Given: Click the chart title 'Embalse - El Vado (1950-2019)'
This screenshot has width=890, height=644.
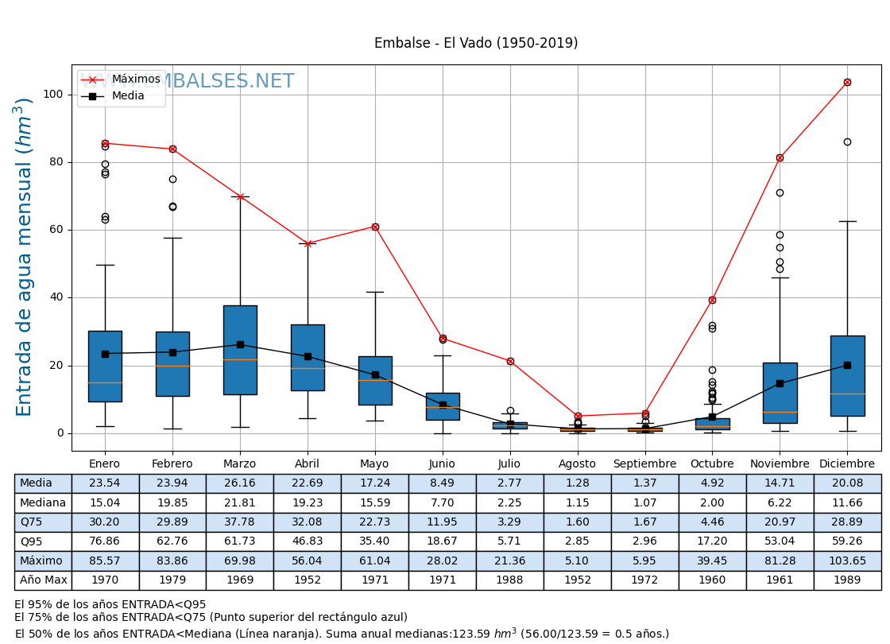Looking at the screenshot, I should click(x=476, y=43).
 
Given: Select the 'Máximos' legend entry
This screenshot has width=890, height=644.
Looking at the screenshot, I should click(x=135, y=80).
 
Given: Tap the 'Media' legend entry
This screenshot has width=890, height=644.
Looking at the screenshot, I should click(x=128, y=96).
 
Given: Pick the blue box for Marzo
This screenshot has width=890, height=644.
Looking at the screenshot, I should click(x=240, y=350).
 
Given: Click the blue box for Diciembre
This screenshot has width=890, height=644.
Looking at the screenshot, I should click(x=847, y=375).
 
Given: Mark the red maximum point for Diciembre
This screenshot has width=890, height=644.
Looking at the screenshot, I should click(x=847, y=82).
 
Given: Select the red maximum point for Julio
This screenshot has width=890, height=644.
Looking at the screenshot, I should click(x=510, y=361).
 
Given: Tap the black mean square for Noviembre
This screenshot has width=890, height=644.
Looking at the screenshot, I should click(x=780, y=383).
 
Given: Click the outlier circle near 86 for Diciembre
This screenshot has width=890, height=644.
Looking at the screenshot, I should click(x=847, y=142).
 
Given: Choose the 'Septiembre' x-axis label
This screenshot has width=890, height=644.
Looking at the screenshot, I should click(x=644, y=464).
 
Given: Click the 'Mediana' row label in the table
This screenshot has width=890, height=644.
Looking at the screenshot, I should click(x=43, y=503).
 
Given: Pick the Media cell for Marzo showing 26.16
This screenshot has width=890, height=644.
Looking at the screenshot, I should click(x=240, y=483).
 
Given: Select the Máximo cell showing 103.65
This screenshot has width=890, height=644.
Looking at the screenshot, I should click(x=847, y=561).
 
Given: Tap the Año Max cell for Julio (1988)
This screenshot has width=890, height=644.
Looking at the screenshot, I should click(x=510, y=580).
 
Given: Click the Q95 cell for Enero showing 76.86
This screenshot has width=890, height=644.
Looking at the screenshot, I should click(x=105, y=541).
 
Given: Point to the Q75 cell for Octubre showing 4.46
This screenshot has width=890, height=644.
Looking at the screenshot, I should click(x=712, y=522).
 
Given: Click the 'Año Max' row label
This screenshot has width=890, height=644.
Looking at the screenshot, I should click(x=43, y=580).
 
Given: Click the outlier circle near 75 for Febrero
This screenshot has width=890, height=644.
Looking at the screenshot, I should click(x=172, y=179).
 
